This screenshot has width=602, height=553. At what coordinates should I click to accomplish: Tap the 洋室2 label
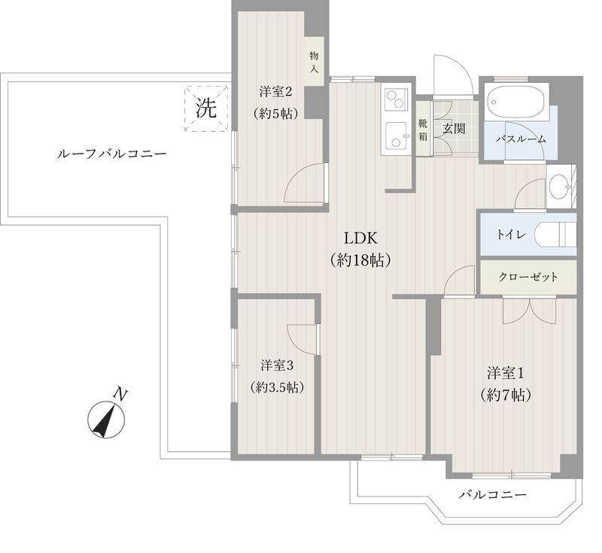pos(275,93)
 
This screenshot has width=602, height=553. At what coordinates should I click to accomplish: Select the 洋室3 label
pos(277,366)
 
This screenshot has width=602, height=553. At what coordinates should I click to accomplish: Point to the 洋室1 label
pos(504,373)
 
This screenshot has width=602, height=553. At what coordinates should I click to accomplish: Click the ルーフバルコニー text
pos(111,154)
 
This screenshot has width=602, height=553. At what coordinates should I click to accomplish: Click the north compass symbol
pos(108,419)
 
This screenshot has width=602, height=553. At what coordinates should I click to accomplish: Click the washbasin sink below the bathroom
pos(558,188)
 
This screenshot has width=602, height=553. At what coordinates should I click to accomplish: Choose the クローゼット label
pos(528,277)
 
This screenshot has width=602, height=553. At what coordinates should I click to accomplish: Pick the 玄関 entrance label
pos(454,127)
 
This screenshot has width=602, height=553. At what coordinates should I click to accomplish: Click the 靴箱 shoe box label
pos(423,130)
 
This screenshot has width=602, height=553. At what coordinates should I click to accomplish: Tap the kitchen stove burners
pos(396,101)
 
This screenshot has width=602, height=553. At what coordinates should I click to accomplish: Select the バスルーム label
pos(521,139)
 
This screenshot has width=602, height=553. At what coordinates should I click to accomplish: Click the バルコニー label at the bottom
pos(491,495)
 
